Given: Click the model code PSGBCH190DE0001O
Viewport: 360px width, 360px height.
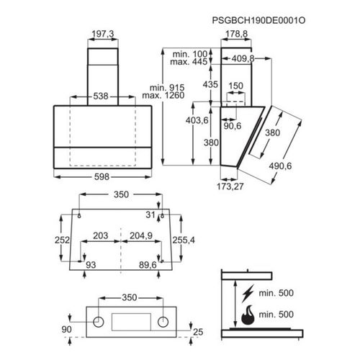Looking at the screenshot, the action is (x=258, y=20).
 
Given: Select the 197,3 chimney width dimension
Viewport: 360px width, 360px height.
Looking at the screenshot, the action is (x=103, y=34).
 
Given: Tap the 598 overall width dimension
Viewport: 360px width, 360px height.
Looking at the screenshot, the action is (x=102, y=177).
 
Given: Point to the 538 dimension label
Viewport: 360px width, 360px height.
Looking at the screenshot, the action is (x=101, y=96).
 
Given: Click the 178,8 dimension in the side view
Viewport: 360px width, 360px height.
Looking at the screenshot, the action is (x=236, y=34).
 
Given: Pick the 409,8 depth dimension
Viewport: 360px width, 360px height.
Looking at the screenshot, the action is (x=243, y=58).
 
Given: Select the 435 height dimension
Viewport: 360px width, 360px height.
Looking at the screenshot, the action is (x=210, y=84).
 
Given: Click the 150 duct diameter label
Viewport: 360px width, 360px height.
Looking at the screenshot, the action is (x=235, y=86).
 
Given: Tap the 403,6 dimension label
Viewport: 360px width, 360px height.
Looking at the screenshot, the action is (x=197, y=120).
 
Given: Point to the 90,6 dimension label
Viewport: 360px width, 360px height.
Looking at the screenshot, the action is (x=233, y=126).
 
